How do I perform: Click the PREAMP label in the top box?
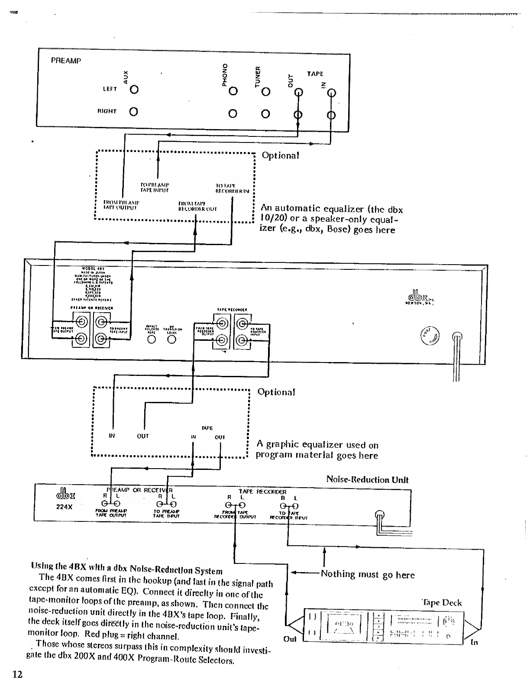tap(66, 61)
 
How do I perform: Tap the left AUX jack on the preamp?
tap(134, 90)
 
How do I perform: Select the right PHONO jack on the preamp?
tap(233, 114)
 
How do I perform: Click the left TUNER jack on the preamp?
tap(266, 92)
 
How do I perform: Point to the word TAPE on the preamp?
tap(315, 74)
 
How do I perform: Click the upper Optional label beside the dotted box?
tap(280, 155)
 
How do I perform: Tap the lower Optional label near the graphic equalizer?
tap(276, 392)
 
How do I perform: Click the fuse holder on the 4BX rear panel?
tap(430, 335)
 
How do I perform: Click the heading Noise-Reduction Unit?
tap(367, 479)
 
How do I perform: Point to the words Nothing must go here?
tap(368, 575)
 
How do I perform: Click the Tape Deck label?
tap(442, 603)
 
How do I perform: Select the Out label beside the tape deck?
tap(290, 639)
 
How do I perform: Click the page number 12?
tap(17, 674)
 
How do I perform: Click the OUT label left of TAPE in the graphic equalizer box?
tap(143, 436)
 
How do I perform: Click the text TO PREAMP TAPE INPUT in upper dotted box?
tap(155, 187)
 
